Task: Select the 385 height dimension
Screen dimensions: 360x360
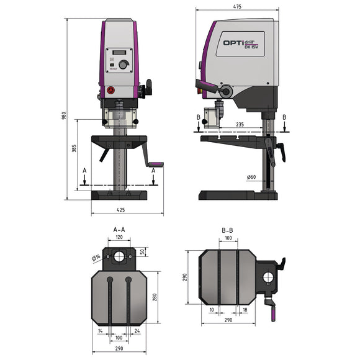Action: (73, 150)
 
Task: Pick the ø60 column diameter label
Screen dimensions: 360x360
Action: (251, 178)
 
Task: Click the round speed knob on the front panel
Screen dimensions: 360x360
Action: (124, 65)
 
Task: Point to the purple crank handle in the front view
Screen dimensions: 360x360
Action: (156, 165)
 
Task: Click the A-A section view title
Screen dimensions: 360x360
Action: (119, 229)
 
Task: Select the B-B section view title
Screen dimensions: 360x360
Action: (227, 229)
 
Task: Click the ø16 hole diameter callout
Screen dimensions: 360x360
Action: (96, 256)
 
